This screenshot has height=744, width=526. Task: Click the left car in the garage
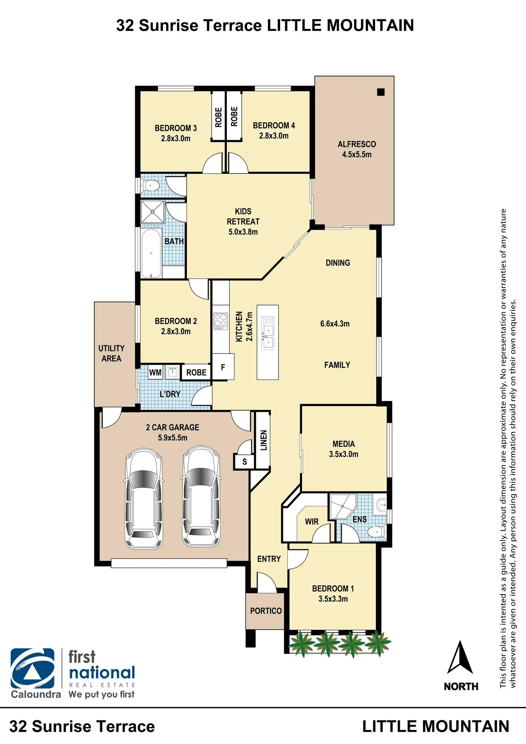[144, 499]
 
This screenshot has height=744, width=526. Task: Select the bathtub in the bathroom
[151, 253]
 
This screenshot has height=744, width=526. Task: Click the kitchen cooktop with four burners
[220, 321]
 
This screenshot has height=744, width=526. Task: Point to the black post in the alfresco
[381, 92]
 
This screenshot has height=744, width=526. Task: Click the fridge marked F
[223, 367]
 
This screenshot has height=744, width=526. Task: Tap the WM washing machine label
[155, 372]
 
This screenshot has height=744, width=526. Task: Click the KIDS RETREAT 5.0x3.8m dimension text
[243, 232]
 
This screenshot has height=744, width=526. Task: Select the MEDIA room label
[344, 444]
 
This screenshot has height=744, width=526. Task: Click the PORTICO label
[266, 611]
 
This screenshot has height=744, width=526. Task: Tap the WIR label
[312, 522]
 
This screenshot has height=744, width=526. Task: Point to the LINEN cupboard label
[264, 440]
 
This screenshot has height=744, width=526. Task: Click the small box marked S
[244, 461]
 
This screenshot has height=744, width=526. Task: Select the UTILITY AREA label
[111, 353]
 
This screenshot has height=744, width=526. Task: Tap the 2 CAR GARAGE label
[173, 427]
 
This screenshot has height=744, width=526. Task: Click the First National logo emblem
[33, 669]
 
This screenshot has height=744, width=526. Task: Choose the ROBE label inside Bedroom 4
[234, 116]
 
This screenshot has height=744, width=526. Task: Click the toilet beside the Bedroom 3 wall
[150, 185]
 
